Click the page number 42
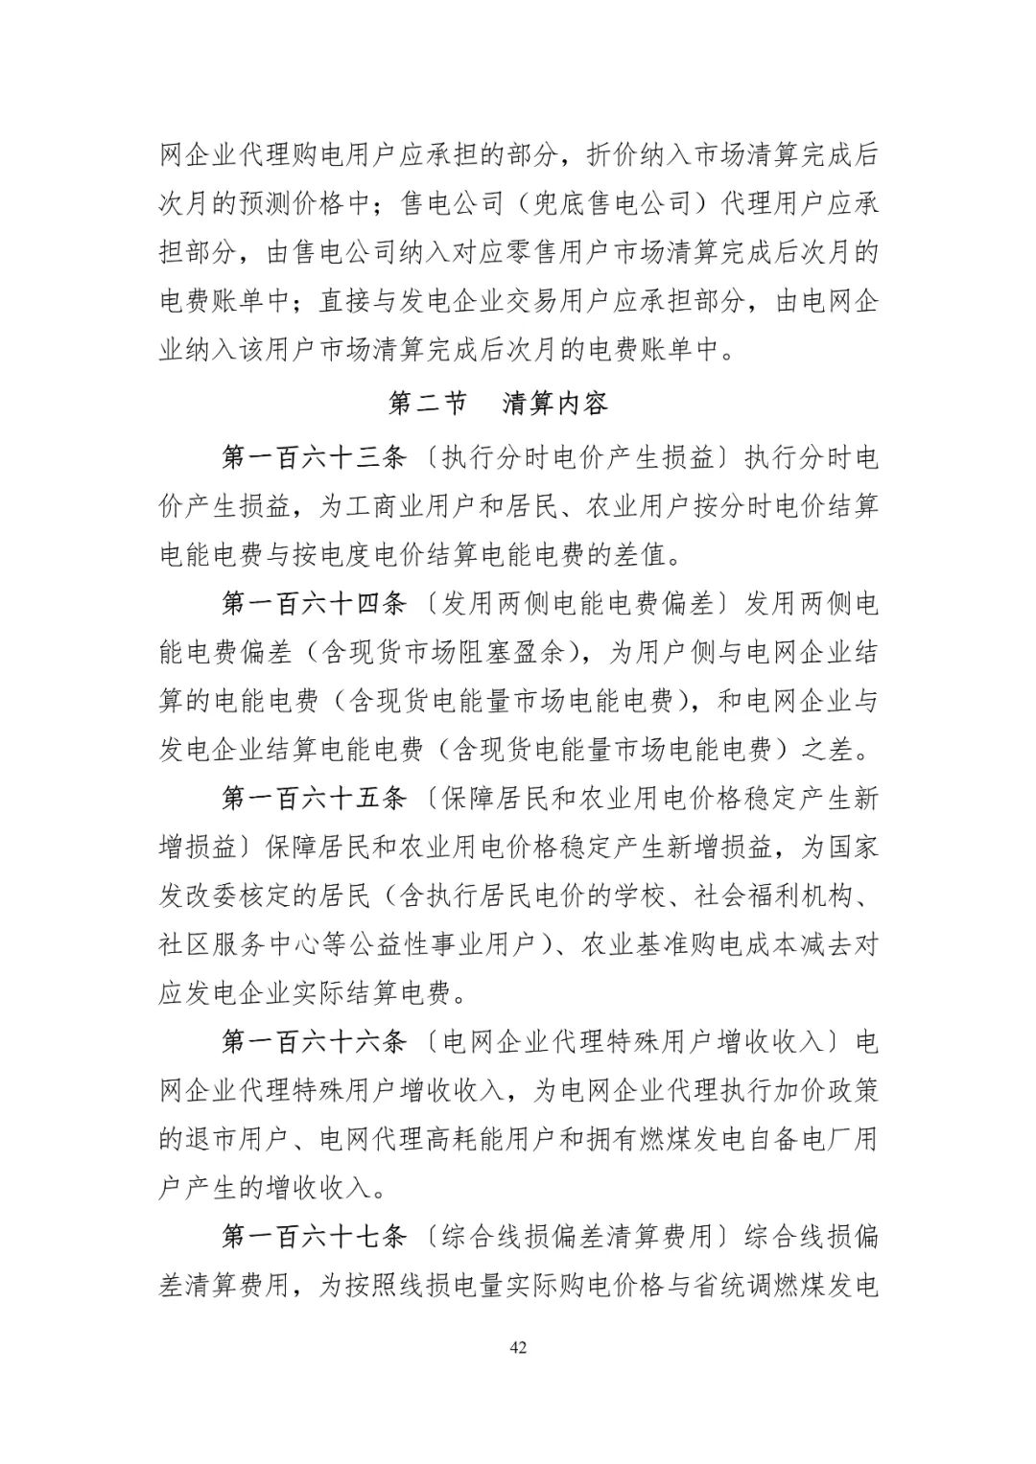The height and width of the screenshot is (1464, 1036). click(518, 1348)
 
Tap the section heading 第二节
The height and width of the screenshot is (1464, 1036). click(427, 404)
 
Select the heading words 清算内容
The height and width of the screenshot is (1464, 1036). click(555, 404)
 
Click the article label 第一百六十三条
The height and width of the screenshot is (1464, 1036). click(316, 458)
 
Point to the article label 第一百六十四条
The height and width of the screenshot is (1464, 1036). click(316, 604)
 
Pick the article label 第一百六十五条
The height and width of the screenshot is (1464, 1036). click(316, 798)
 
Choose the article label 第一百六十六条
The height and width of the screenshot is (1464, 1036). click(316, 1041)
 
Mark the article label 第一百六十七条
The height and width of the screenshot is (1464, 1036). click(316, 1236)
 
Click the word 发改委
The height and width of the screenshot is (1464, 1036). click(206, 895)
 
